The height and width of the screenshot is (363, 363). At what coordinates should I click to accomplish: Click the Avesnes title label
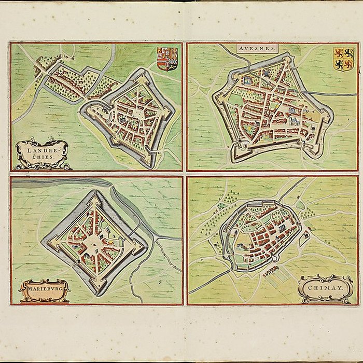(258, 48)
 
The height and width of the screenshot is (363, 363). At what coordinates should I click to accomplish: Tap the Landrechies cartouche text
(41, 153)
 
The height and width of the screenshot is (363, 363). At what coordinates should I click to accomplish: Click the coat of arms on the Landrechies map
(167, 58)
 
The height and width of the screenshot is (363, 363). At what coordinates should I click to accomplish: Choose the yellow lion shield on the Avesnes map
(343, 58)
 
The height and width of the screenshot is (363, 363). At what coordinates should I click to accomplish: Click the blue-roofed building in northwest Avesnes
(247, 80)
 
